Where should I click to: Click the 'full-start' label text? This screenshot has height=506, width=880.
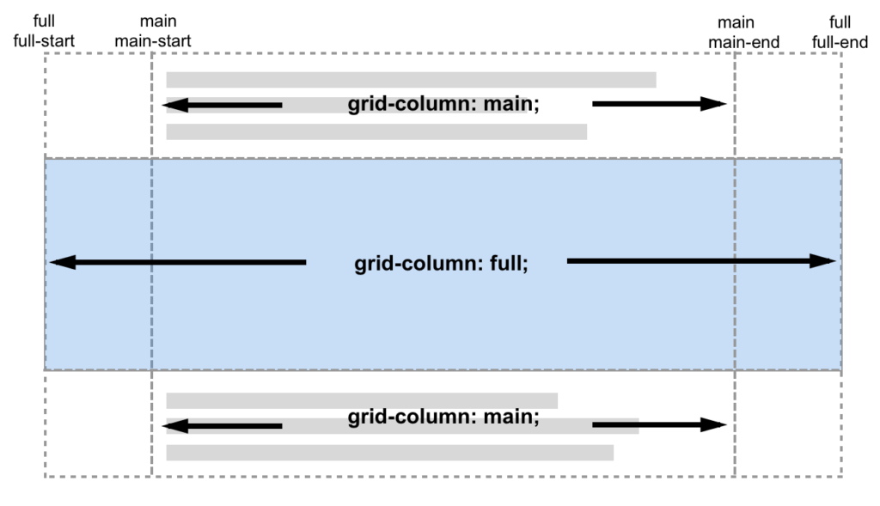[44, 40]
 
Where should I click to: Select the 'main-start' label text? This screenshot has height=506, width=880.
[152, 40]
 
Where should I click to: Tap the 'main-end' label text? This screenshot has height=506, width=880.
[736, 40]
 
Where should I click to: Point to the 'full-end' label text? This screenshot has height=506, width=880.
[840, 40]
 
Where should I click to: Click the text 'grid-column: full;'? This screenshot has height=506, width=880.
[441, 263]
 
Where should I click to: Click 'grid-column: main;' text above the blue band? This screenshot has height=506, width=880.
[443, 105]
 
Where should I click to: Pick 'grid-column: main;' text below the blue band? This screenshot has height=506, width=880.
[443, 418]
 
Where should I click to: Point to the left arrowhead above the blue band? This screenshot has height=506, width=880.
[175, 105]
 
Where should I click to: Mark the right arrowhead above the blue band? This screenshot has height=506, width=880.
[715, 104]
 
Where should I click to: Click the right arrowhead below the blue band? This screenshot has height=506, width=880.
[715, 424]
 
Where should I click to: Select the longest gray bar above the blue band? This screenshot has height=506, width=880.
[411, 80]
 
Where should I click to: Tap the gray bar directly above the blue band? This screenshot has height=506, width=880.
[376, 131]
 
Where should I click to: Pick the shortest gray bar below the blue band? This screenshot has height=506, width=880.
[362, 400]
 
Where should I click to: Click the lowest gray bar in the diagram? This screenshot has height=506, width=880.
[389, 453]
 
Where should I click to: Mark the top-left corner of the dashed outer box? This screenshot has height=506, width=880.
[45, 53]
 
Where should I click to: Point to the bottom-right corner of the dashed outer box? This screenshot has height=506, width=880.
[841, 477]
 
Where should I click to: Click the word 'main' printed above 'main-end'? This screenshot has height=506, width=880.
[736, 22]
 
